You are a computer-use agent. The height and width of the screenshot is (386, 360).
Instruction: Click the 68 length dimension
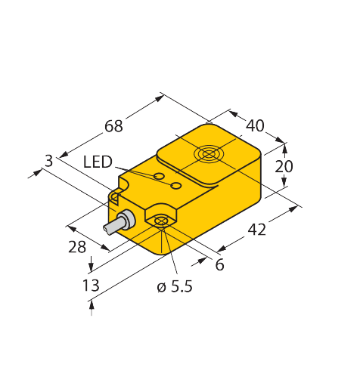pos(113,126)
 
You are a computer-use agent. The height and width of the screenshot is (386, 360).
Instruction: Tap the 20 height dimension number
pos(284,167)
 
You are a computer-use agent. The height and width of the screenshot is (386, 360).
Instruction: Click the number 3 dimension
pos(48,160)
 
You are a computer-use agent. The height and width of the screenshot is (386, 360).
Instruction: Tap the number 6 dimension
pos(219,264)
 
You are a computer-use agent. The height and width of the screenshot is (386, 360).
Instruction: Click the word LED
pos(98,162)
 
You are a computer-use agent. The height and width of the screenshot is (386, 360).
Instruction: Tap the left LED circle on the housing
pos(158,177)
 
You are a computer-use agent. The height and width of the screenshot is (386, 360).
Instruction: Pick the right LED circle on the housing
pos(175,185)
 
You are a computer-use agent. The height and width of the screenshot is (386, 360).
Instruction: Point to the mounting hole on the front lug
pos(160,221)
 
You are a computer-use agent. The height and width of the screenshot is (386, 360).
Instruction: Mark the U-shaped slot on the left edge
pos(116,197)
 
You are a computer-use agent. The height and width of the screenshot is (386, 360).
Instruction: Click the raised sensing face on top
pos(208,157)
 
